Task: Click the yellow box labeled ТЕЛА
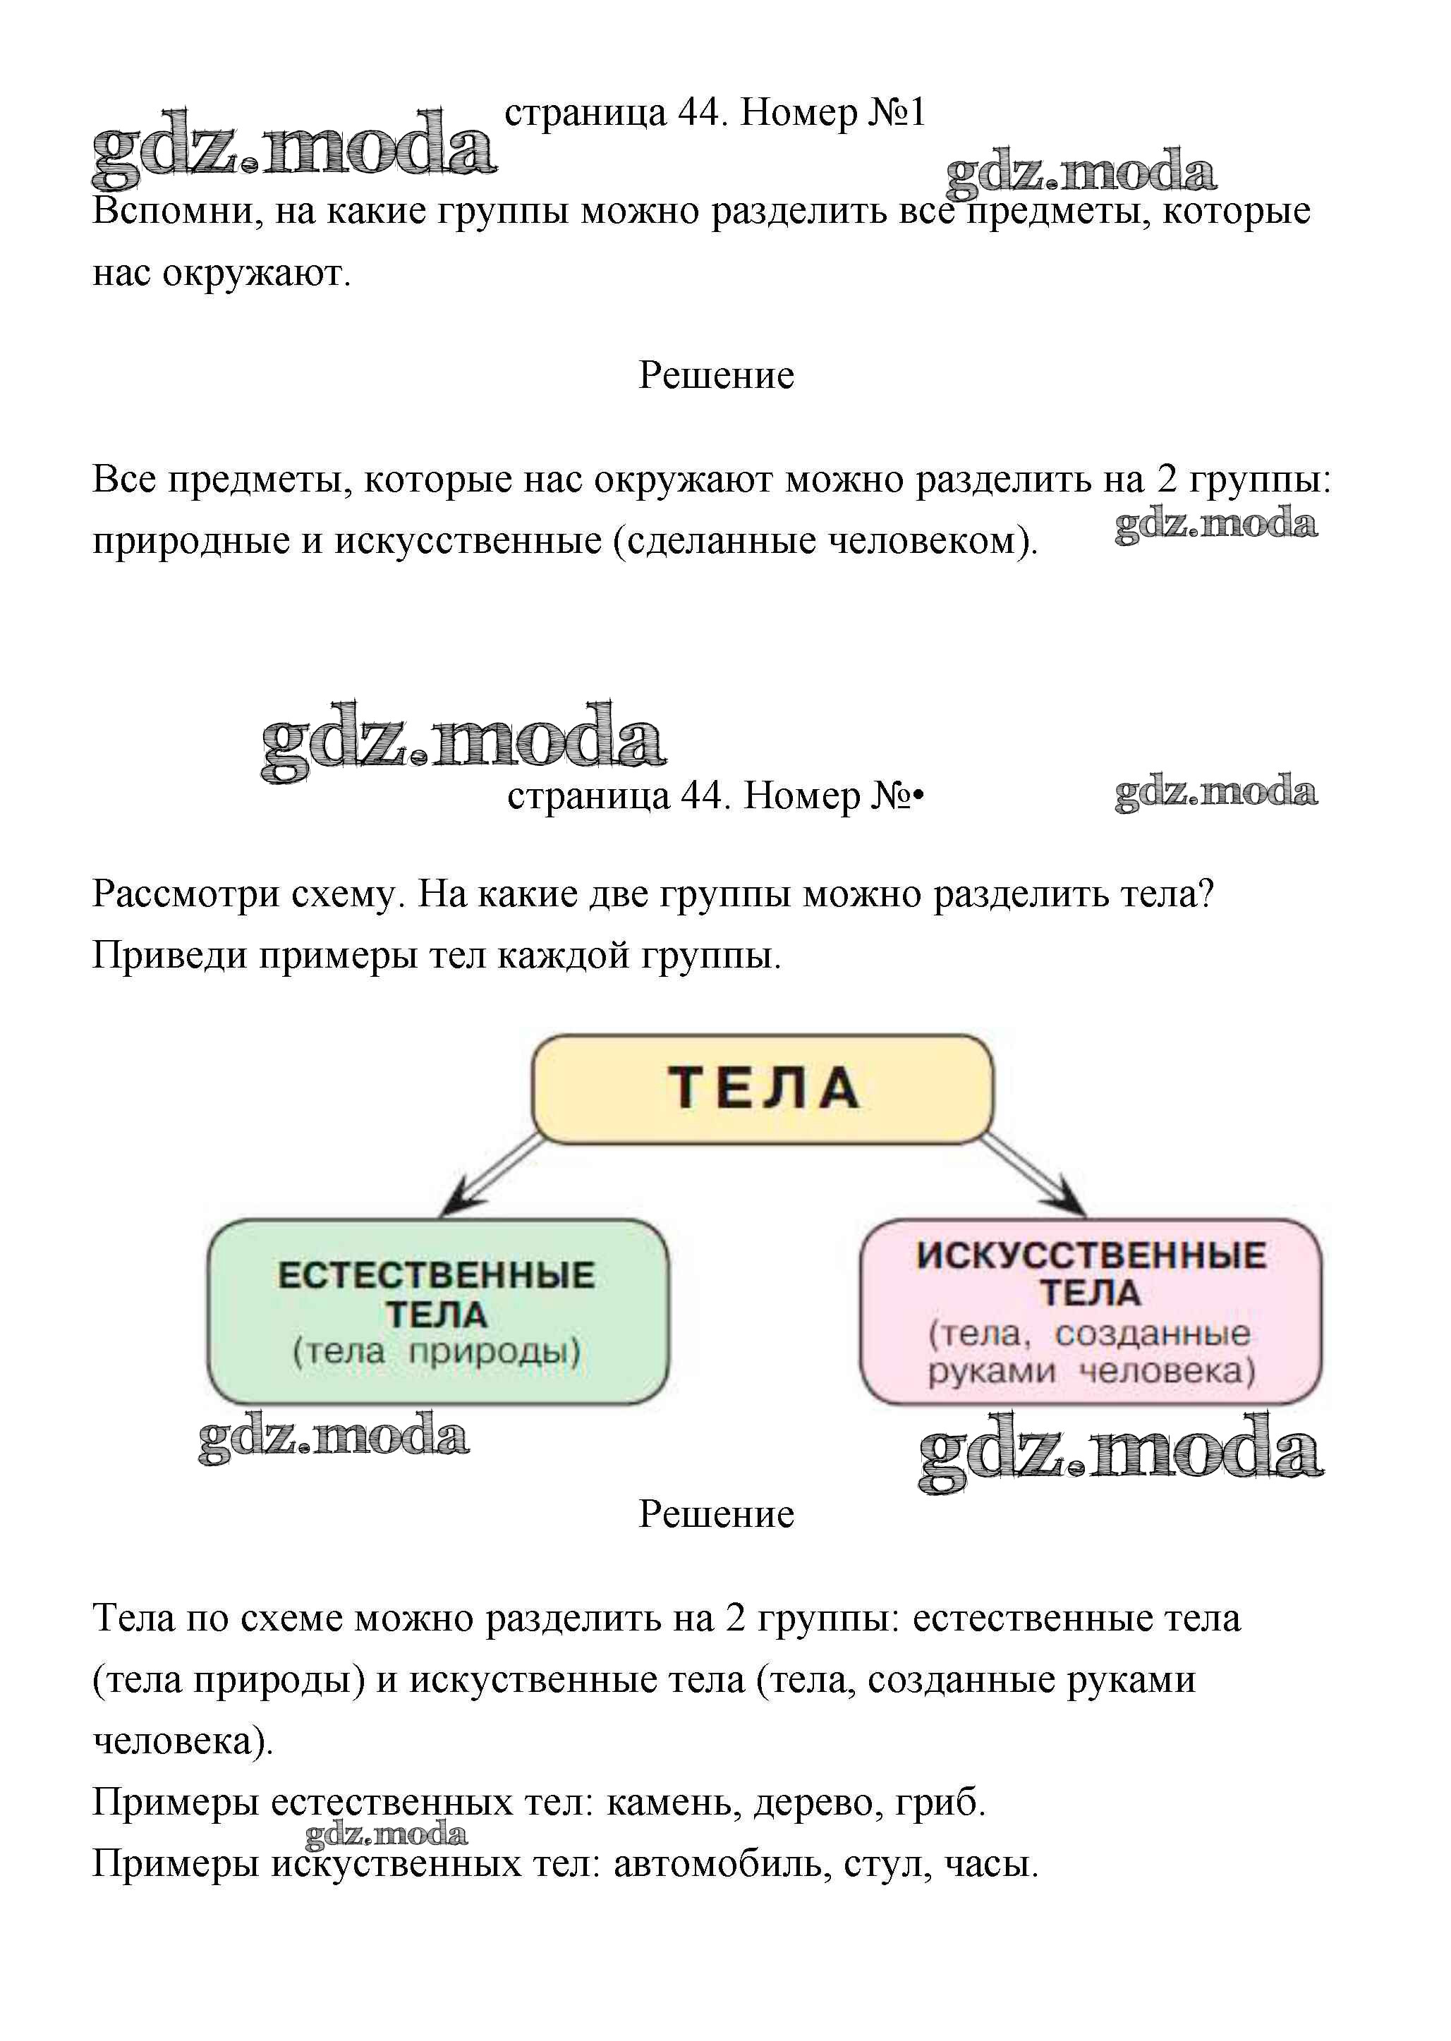click(762, 1088)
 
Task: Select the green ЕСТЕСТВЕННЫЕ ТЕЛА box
click(438, 1310)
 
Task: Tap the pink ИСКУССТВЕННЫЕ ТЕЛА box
click(1090, 1310)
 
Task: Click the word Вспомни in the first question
click(176, 212)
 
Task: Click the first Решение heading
click(716, 375)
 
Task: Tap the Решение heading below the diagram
click(716, 1514)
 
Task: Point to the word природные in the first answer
click(191, 542)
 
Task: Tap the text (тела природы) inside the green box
click(437, 1351)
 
